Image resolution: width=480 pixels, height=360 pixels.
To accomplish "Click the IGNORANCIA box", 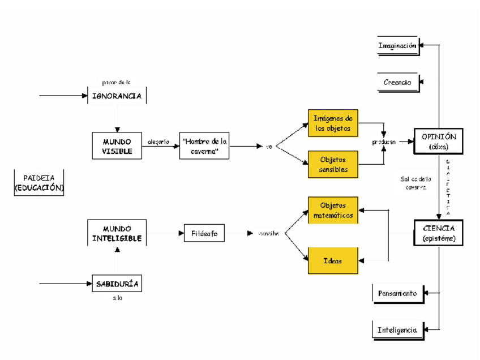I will coord(117,96).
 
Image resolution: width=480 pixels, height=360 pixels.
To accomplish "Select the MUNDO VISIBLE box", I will coord(117,146).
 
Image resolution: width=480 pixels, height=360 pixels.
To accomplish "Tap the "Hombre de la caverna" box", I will coord(204,146).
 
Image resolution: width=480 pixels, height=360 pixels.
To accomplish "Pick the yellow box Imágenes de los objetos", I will coord(333,123).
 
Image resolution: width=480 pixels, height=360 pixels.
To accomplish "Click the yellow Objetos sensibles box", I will coord(333,164).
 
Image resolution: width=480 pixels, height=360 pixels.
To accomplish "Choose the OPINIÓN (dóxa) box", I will coord(439,142).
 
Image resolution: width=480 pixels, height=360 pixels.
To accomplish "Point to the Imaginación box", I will coord(397,46).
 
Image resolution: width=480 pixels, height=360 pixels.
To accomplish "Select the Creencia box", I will coord(397,83).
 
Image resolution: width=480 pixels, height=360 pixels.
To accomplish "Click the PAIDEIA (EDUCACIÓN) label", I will coord(39,183).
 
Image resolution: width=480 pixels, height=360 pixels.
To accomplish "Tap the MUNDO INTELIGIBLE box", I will coord(117,233).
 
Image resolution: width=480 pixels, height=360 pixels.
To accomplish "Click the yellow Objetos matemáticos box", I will coord(333,211).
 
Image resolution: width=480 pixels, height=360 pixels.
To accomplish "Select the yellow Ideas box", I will coord(333,261).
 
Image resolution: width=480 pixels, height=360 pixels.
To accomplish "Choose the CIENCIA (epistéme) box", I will coord(439,233).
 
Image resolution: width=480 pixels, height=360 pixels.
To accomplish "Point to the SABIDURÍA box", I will coord(117,283).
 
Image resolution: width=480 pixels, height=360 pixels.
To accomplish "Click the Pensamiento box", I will coord(397,294).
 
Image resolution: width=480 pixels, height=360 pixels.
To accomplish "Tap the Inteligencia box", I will coord(397,330).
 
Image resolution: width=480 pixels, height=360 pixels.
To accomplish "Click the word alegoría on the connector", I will coord(158,142).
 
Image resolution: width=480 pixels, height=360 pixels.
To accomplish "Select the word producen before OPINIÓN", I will coord(384,142).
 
